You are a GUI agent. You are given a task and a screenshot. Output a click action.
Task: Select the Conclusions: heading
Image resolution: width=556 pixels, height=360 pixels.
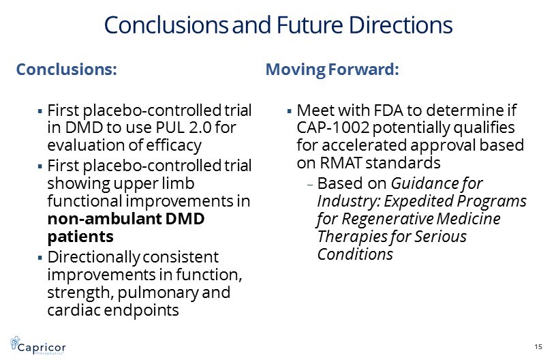tap(67, 69)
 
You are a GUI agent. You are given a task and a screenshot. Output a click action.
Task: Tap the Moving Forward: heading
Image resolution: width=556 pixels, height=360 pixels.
tap(333, 70)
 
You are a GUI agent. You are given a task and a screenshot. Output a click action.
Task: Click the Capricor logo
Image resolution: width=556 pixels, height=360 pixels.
tap(38, 345)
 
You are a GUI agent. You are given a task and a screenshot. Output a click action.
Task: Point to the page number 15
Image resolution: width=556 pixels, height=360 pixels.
tap(538, 346)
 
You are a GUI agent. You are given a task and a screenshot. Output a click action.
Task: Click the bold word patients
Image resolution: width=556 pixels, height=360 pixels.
tap(80, 237)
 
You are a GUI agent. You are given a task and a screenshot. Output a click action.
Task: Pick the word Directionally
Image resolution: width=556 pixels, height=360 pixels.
tap(93, 258)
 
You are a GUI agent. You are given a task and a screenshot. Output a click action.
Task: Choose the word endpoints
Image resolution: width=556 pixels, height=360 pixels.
tap(142, 310)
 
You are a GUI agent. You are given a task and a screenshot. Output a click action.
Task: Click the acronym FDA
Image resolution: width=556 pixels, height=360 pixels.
tap(388, 110)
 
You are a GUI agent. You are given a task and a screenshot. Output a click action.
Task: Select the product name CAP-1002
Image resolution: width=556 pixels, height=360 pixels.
tap(333, 127)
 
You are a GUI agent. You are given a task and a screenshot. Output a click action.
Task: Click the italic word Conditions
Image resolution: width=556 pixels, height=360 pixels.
tap(355, 254)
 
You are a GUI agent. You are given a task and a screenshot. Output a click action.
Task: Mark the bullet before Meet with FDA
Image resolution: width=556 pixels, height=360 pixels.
tap(289, 111)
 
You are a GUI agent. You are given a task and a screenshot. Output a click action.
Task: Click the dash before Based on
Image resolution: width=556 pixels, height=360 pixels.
tap(311, 185)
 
